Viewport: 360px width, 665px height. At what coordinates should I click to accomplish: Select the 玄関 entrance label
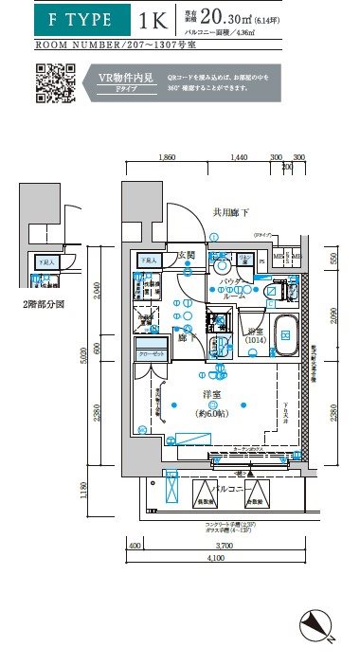[186, 256]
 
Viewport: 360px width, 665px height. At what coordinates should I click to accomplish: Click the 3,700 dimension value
[225, 547]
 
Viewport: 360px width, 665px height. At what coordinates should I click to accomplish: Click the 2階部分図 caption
[45, 305]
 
